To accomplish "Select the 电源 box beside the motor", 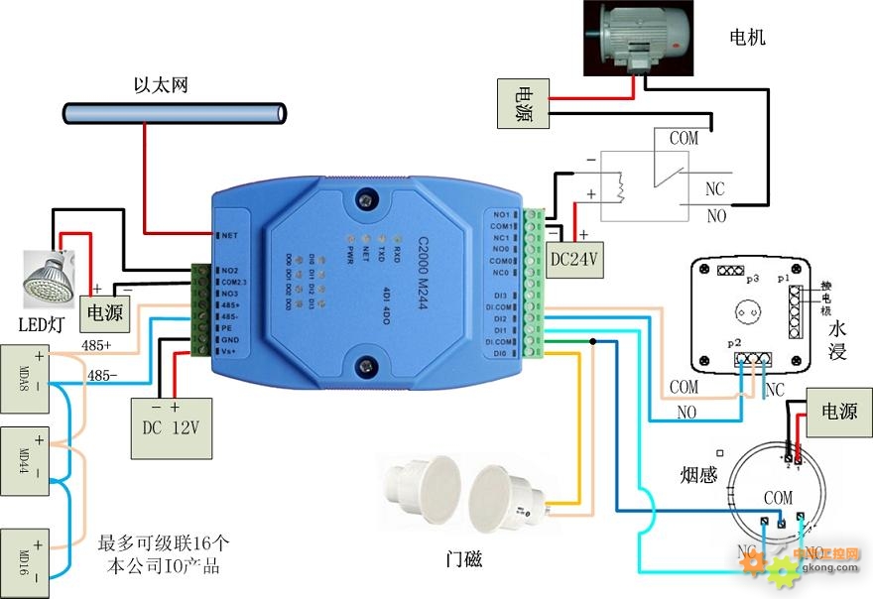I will (x=522, y=103).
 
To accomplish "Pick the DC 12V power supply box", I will (x=172, y=426).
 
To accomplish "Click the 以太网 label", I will (x=161, y=85).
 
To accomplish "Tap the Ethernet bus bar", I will (x=175, y=112).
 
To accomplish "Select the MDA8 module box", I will (x=24, y=371).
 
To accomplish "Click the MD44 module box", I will (x=24, y=456).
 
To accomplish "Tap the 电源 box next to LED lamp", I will (x=102, y=311).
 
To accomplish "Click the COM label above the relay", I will (x=684, y=139).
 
